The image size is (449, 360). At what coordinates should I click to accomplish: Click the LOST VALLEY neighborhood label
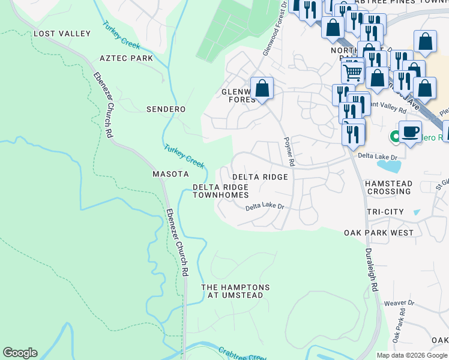pos(62,34)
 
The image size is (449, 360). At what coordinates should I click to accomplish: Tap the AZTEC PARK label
pos(126,58)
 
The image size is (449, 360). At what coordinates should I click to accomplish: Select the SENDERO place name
pos(166,109)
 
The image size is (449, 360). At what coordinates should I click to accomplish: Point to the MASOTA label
pos(170,174)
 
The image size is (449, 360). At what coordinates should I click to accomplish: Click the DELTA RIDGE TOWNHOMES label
pos(220,191)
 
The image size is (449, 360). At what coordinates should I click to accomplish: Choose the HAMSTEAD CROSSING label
pos(390,187)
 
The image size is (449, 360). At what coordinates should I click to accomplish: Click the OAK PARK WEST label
pos(379,232)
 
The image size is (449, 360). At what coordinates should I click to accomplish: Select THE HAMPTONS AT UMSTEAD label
pos(235,292)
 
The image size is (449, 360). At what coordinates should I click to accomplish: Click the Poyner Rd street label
pos(289,150)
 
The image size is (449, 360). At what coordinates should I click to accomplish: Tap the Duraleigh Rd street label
pos(371,270)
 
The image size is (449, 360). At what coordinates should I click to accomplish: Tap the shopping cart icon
pos(352,72)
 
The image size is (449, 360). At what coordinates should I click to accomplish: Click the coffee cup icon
pos(410,131)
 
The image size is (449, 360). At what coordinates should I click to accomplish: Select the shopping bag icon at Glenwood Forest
pos(262,89)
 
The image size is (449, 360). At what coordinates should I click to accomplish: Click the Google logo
pos(20,353)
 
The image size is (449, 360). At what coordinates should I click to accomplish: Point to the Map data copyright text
pos(412,355)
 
